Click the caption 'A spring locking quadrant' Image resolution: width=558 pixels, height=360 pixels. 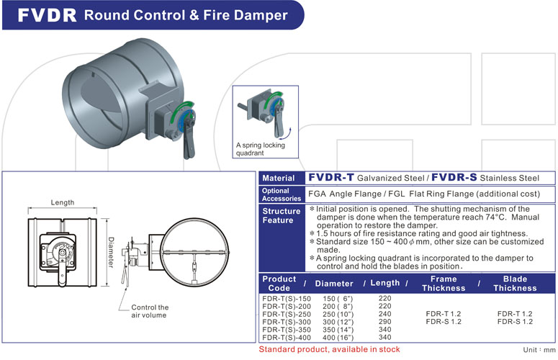260,149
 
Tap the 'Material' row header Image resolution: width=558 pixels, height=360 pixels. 278,178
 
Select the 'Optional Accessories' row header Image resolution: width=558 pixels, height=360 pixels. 277,194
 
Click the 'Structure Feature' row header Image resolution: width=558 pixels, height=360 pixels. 281,216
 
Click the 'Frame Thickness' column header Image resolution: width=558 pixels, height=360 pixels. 444,284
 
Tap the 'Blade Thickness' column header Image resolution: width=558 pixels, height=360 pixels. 515,284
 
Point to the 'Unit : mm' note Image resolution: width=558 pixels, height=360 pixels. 537,349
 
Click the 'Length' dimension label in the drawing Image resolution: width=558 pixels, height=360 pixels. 65,203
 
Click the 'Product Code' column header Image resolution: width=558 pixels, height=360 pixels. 279,284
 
